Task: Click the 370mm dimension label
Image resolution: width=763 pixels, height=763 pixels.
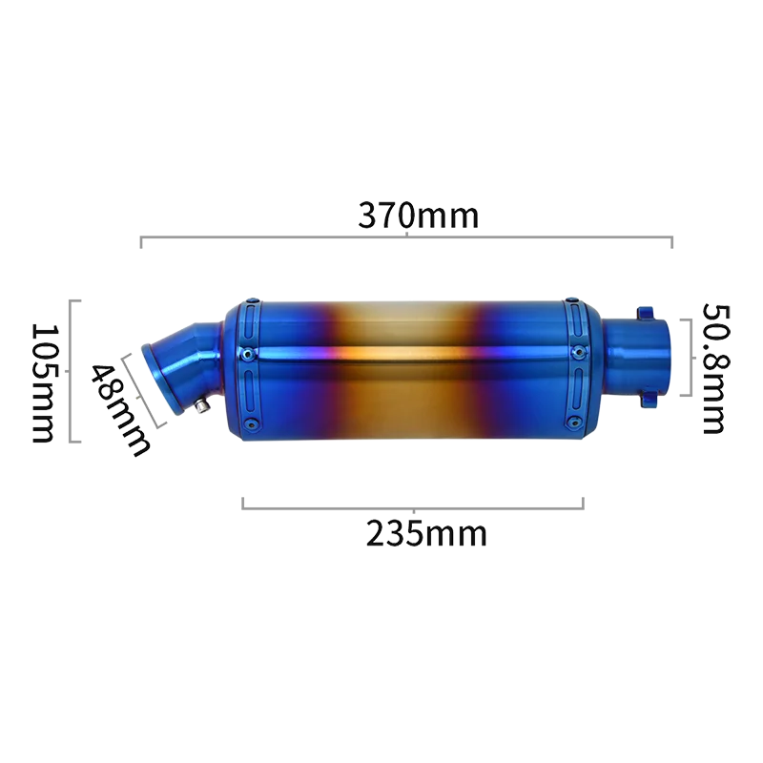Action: pos(419,216)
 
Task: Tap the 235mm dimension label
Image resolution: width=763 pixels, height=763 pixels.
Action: pos(426,534)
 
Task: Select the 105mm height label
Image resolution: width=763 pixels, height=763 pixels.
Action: pos(42,383)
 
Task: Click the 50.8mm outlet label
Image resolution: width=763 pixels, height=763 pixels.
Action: pos(716,368)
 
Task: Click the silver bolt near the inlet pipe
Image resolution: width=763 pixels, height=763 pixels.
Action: pos(201,406)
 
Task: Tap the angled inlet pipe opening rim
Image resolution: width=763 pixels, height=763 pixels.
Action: pos(160,378)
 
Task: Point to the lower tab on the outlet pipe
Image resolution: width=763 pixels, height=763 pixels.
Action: pos(648,400)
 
